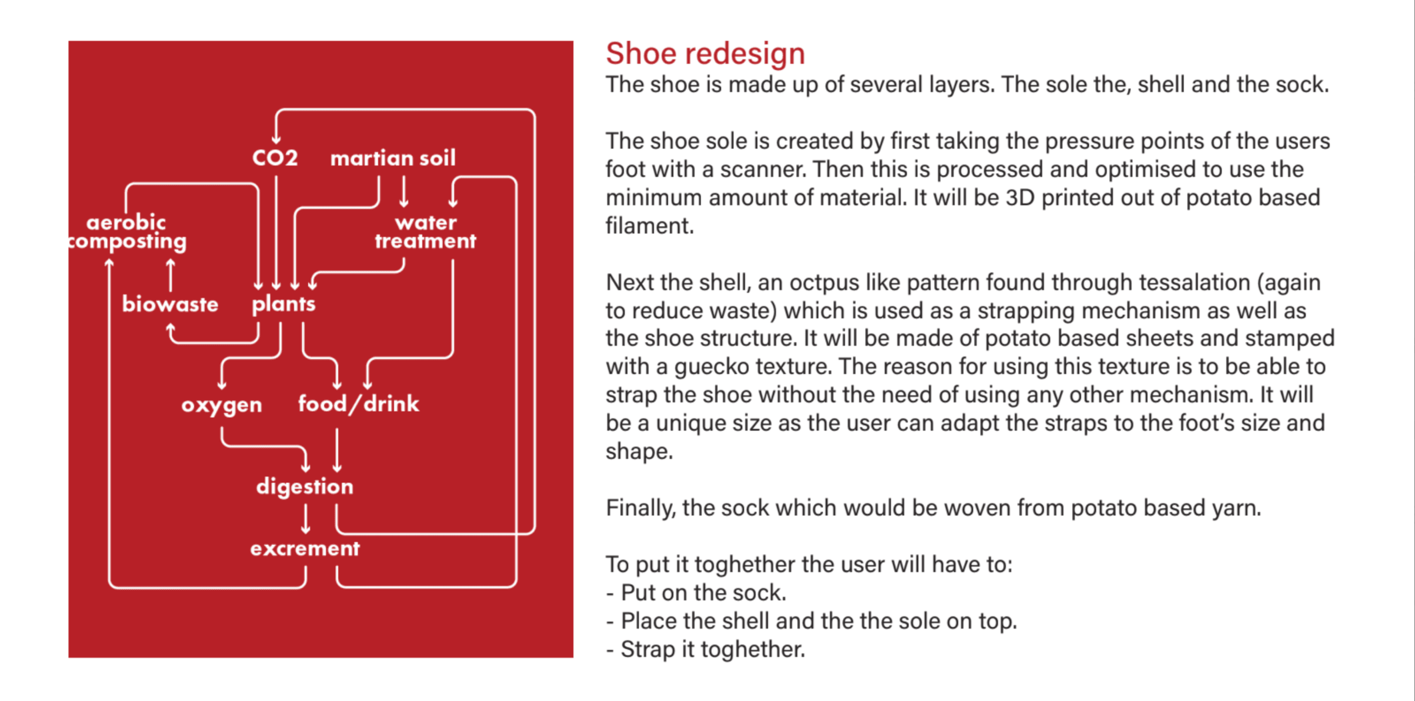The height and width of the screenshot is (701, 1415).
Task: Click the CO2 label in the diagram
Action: click(x=275, y=158)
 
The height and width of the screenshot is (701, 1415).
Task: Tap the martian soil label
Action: click(x=393, y=158)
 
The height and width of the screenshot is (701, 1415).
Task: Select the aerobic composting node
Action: click(x=127, y=232)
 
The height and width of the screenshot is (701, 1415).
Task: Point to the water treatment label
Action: click(x=426, y=231)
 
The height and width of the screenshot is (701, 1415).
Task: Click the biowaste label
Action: click(x=170, y=303)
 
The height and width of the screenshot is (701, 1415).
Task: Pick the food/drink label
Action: click(x=359, y=404)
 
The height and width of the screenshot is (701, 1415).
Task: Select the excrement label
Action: click(x=305, y=548)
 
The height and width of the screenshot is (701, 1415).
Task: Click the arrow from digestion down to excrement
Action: click(x=305, y=519)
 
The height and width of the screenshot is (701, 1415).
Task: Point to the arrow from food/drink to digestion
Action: click(x=337, y=450)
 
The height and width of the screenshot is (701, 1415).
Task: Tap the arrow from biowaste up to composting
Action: click(x=170, y=274)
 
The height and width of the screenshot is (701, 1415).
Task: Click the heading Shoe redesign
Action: click(x=705, y=54)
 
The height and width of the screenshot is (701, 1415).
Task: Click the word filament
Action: click(x=650, y=226)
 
